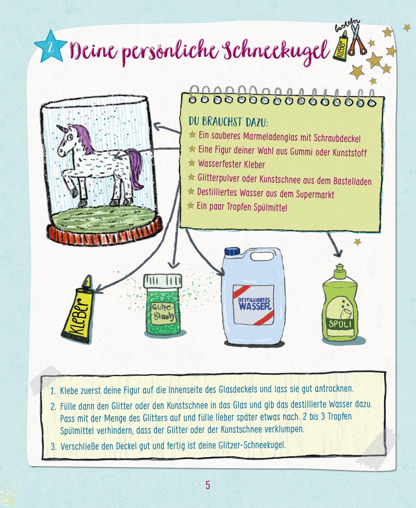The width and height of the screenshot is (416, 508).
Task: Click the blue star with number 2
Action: point(51,47)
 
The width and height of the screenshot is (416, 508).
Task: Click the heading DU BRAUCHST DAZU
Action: point(228,122)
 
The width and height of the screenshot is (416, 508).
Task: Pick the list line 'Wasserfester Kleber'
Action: point(231,164)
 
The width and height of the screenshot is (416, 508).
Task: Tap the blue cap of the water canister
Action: point(232,251)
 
